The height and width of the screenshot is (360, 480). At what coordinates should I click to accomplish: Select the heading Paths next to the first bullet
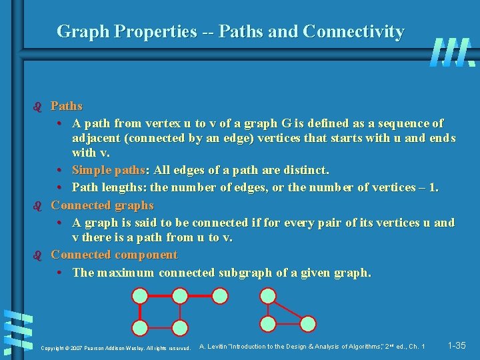67,106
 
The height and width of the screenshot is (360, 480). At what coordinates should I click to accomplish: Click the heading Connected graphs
102,205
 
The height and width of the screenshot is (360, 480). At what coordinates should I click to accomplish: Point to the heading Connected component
114,255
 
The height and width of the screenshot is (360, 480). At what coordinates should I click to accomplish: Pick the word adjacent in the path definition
96,139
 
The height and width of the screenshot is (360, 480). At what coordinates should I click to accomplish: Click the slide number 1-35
457,345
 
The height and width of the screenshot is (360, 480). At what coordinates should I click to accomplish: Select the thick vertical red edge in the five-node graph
140,311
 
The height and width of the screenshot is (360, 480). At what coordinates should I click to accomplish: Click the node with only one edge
221,296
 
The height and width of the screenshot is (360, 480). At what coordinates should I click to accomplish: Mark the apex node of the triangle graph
267,296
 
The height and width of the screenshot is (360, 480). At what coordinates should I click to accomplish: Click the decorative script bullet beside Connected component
37,255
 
